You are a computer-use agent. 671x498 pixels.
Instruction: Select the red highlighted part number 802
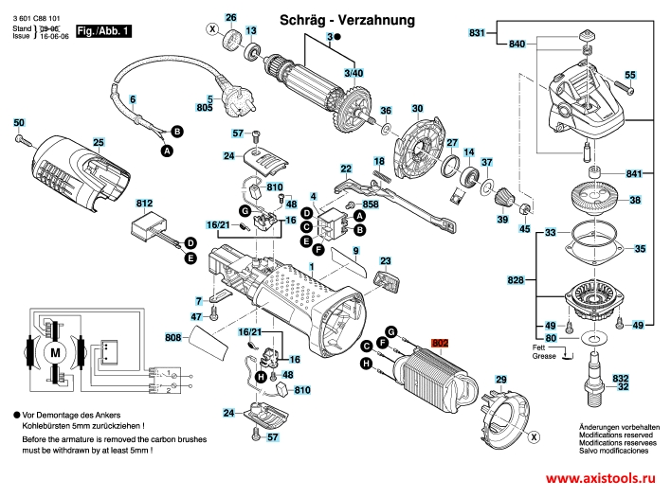440,346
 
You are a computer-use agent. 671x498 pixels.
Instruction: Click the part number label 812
144,204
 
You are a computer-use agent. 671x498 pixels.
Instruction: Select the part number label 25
98,142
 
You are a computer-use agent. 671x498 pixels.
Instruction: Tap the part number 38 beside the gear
635,200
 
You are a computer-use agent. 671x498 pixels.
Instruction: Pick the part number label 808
172,337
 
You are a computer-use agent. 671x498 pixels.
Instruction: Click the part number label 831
478,33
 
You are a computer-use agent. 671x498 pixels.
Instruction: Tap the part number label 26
230,18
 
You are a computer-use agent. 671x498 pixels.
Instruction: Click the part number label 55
630,75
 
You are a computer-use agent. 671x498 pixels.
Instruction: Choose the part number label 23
385,260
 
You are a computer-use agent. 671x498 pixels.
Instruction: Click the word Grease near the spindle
544,358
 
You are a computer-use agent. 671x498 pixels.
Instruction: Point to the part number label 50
19,123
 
